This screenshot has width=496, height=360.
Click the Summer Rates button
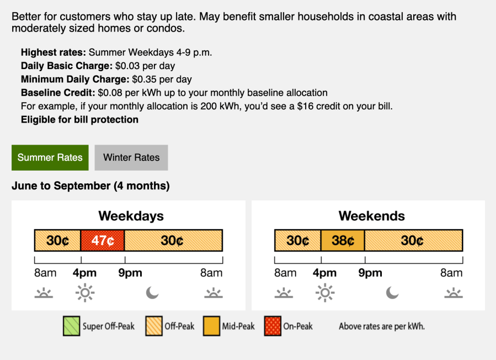pyautogui.click(x=50, y=158)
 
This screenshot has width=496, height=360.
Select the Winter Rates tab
pyautogui.click(x=131, y=158)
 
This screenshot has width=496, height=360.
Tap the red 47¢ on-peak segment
pyautogui.click(x=103, y=240)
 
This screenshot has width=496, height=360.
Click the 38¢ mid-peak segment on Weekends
pyautogui.click(x=343, y=240)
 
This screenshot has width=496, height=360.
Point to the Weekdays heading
pyautogui.click(x=131, y=216)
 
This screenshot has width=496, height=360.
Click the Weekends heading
pyautogui.click(x=372, y=216)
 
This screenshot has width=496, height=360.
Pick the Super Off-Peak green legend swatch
pyautogui.click(x=72, y=326)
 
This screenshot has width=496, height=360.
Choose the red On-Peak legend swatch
pyautogui.click(x=273, y=326)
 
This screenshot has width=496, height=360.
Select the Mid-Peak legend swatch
pyautogui.click(x=211, y=326)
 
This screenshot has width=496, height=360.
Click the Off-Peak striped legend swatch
pyautogui.click(x=154, y=326)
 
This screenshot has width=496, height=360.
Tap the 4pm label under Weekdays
pyautogui.click(x=84, y=273)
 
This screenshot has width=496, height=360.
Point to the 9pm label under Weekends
pyautogui.click(x=370, y=273)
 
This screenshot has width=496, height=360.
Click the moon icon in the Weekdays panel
pyautogui.click(x=152, y=293)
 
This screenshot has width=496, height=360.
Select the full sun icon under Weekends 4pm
pyautogui.click(x=325, y=293)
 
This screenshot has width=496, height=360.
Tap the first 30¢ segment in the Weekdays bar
pyautogui.click(x=57, y=240)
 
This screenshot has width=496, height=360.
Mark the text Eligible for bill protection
pyautogui.click(x=79, y=120)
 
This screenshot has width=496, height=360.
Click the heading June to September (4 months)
pyautogui.click(x=91, y=186)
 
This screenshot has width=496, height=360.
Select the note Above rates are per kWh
pyautogui.click(x=382, y=326)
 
